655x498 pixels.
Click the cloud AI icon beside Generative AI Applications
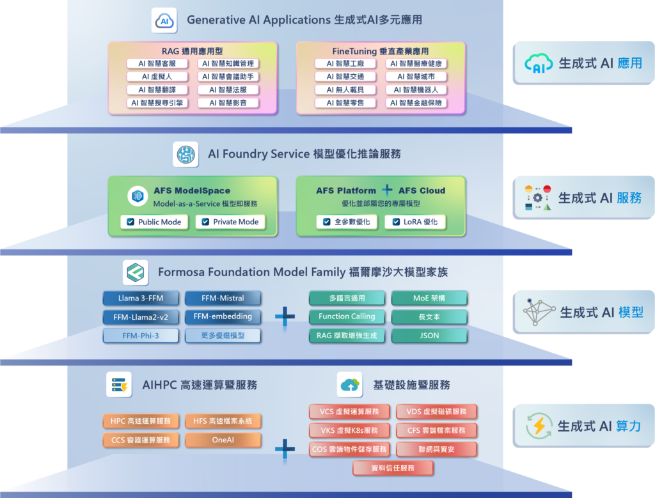(164, 20)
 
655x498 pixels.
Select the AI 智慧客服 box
(157, 64)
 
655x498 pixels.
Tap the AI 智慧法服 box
(228, 89)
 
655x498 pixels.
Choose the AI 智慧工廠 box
(345, 64)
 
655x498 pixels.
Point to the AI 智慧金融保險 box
(416, 102)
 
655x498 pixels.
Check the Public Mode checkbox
(130, 222)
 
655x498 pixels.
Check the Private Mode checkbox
(205, 222)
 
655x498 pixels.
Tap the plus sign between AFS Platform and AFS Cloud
(387, 191)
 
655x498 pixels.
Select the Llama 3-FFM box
(136, 298)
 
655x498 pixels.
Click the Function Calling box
(347, 316)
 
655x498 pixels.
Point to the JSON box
(429, 335)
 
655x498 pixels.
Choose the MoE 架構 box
(429, 298)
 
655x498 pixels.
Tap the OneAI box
(223, 440)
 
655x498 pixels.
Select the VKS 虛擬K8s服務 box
(349, 431)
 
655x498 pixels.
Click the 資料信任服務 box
(393, 469)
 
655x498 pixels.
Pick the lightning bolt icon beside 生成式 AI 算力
(539, 426)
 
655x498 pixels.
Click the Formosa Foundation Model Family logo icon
(136, 272)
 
